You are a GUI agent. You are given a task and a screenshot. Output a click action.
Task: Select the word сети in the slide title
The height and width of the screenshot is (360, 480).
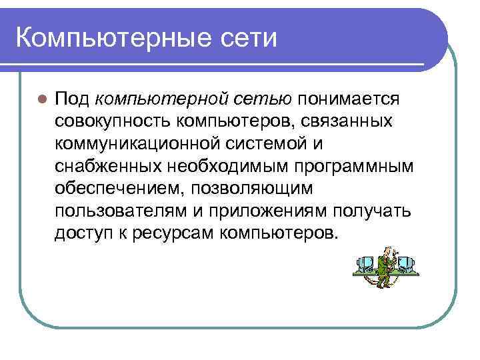click(x=251, y=37)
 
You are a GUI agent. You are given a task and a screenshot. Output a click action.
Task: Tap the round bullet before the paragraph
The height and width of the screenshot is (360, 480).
click(x=41, y=100)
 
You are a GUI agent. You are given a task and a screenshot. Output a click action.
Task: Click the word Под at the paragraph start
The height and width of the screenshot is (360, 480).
click(x=72, y=99)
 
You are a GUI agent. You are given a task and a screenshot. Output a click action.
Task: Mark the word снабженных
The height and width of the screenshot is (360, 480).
click(x=105, y=167)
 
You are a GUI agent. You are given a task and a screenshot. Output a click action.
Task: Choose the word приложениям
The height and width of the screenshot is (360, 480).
click(x=267, y=211)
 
